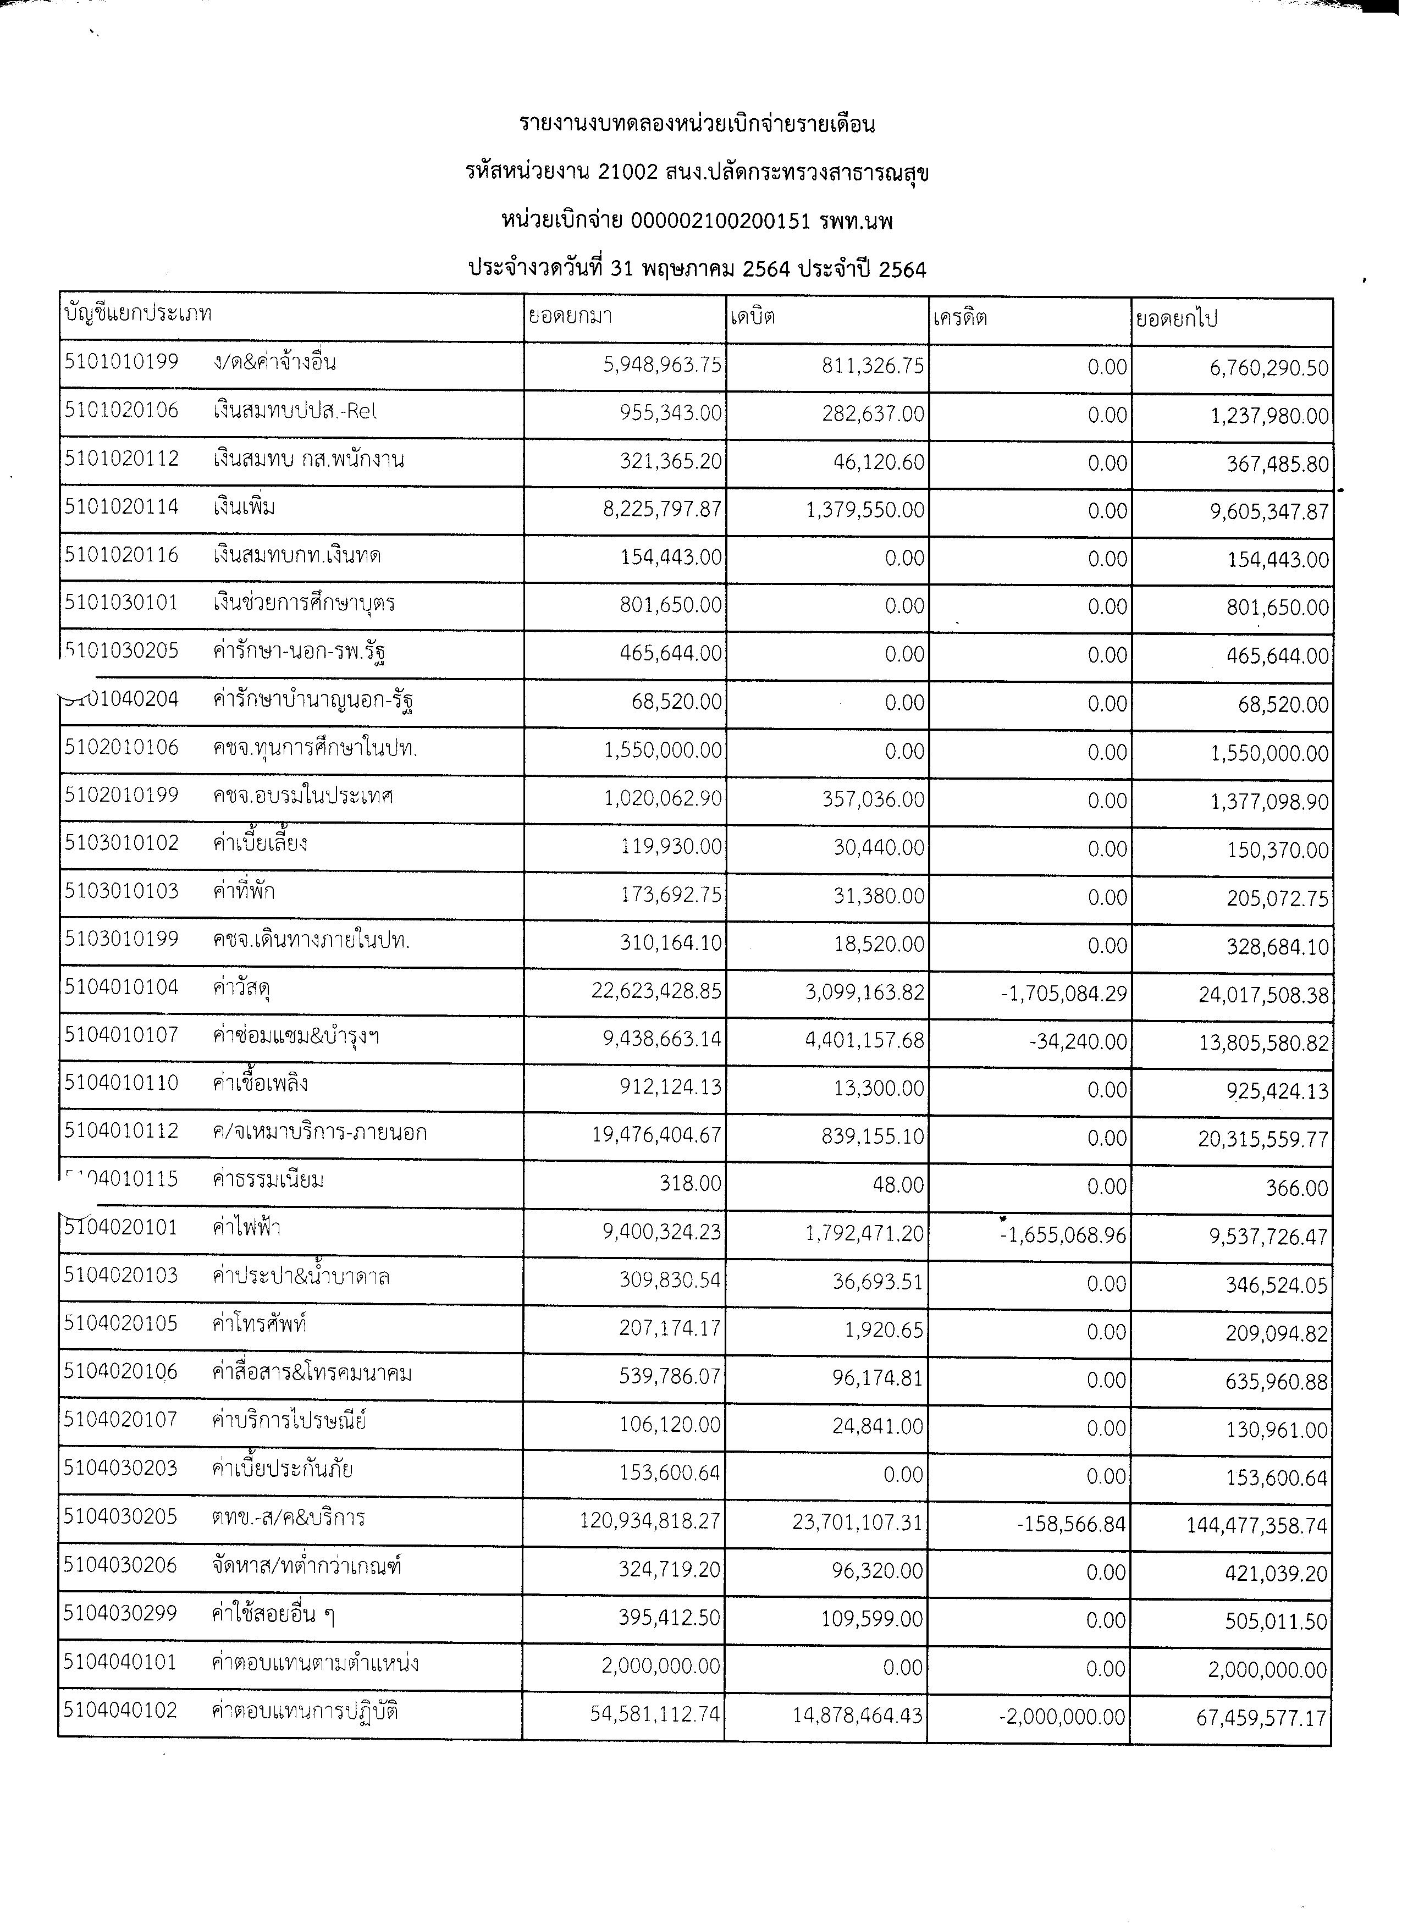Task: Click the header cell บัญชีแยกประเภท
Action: coord(137,313)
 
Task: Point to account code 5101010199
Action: coord(122,362)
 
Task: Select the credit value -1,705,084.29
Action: coord(1064,993)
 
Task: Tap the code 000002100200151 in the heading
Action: coord(720,222)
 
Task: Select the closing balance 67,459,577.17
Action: coord(1261,1718)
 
